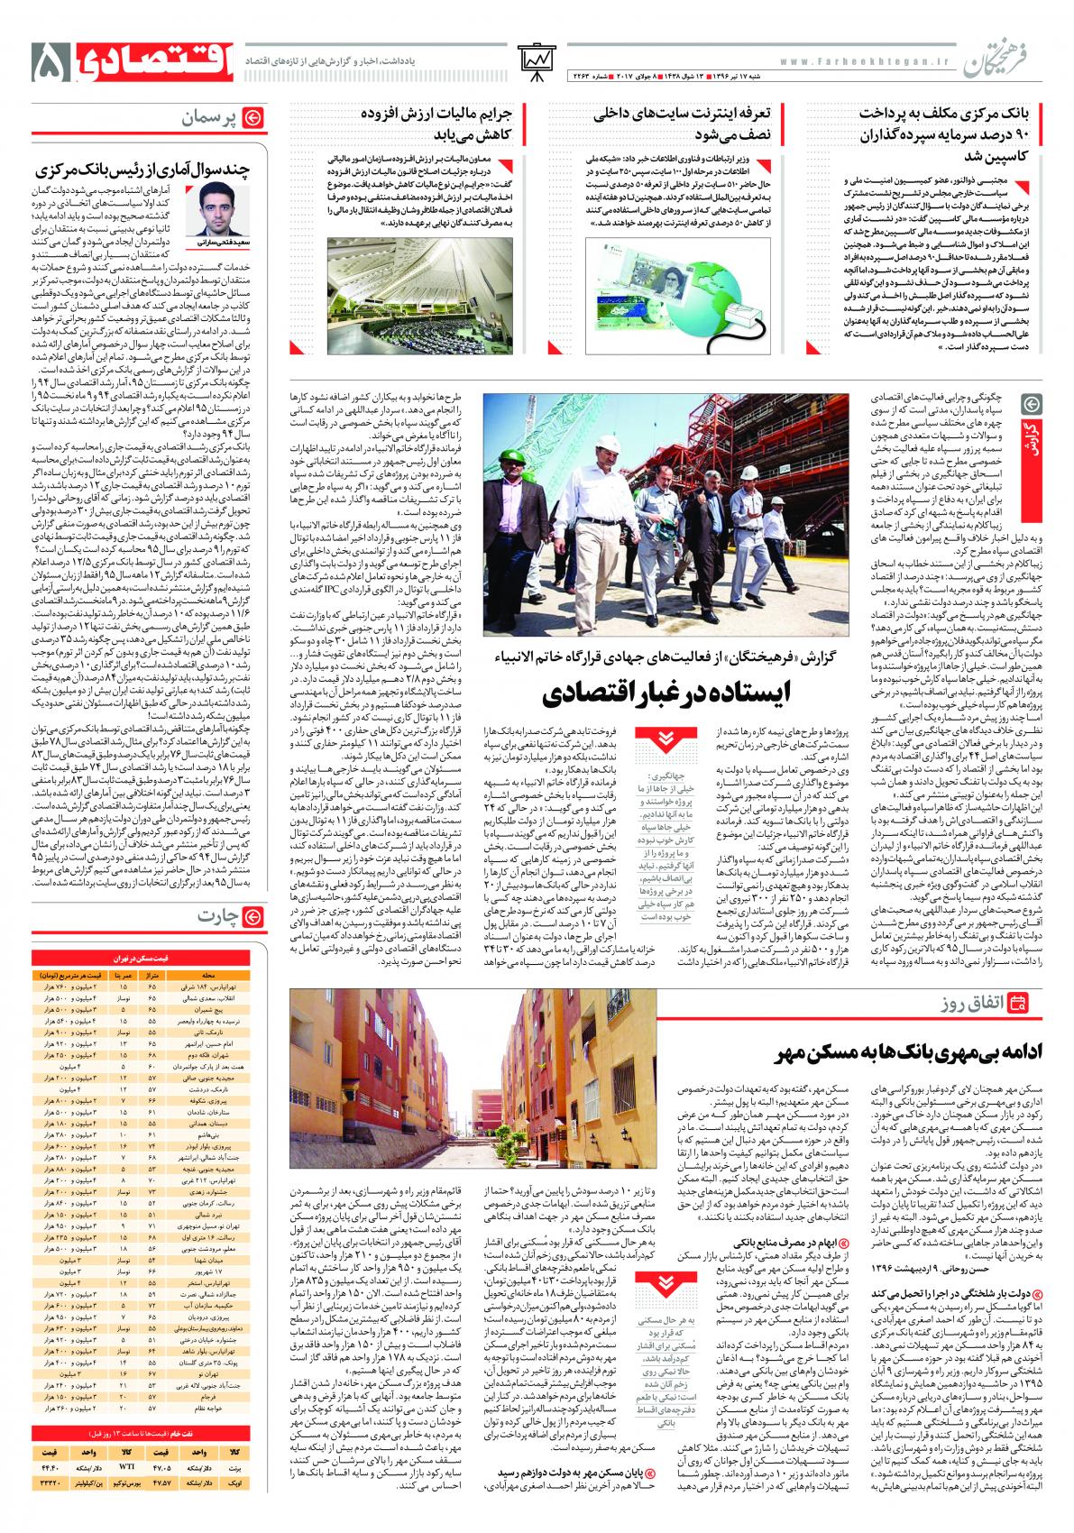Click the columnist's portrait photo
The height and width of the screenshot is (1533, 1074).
click(x=213, y=209)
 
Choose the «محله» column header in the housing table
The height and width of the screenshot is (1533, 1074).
click(x=209, y=974)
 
